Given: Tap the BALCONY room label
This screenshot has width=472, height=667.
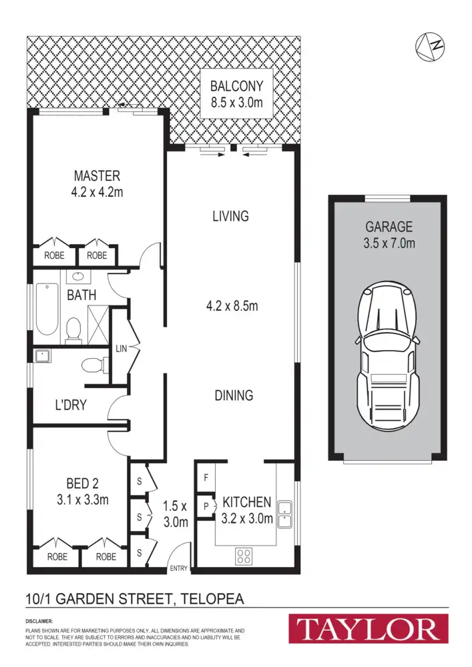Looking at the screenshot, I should pos(236,86).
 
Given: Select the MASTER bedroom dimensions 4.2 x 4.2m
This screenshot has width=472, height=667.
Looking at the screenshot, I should pos(97,193).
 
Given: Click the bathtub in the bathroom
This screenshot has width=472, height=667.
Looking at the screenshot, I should pos(46,309).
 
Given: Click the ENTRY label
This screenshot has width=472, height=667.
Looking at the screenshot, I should pos(179,568).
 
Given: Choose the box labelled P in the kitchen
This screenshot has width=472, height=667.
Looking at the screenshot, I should pos(206,506).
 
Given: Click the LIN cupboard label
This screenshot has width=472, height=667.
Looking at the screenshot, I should pos(121,348).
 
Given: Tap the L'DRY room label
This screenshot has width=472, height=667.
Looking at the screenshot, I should pos(70,404).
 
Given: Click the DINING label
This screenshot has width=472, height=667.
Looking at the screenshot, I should pos(234,395).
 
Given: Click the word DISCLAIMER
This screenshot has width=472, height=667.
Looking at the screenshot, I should pos(39,621).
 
